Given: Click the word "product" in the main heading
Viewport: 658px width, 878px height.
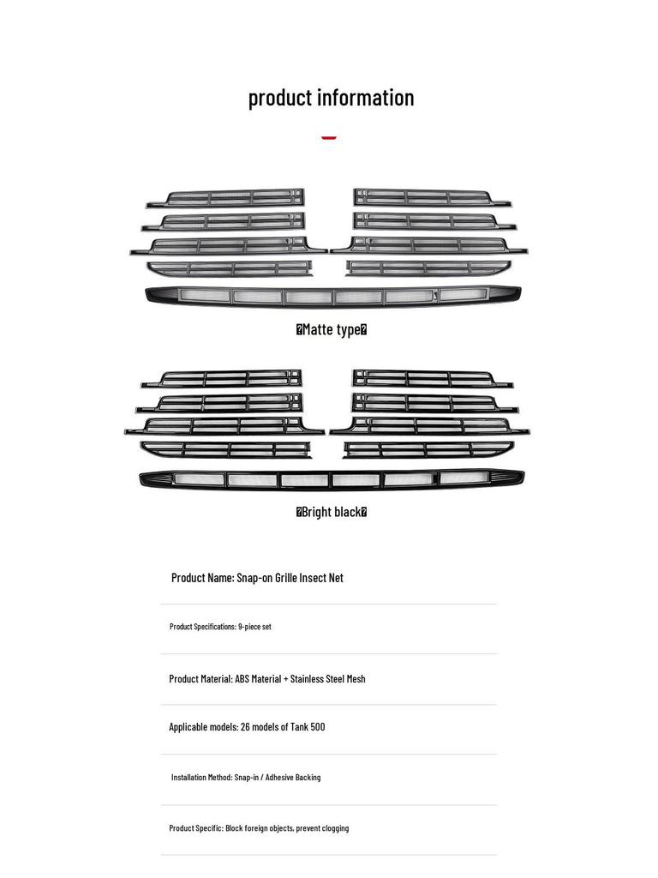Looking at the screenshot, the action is pyautogui.click(x=280, y=98).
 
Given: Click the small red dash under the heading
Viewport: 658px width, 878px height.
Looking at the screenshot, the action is pyautogui.click(x=329, y=138).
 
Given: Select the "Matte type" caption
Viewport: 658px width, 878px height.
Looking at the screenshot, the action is pyautogui.click(x=332, y=329).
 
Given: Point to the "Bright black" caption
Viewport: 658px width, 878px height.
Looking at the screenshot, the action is pyautogui.click(x=332, y=512).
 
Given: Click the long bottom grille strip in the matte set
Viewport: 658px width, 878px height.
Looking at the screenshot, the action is pyautogui.click(x=333, y=296).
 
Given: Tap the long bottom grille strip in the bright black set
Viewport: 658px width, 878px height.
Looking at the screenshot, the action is pyautogui.click(x=332, y=479).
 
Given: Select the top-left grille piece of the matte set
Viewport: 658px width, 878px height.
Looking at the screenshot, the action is pyautogui.click(x=225, y=198).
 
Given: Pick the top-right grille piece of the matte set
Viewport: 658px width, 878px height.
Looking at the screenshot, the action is pyautogui.click(x=432, y=198).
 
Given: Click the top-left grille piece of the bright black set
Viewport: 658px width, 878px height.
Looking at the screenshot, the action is pyautogui.click(x=222, y=379).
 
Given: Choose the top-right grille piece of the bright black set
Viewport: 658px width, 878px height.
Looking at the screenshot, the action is pyautogui.click(x=433, y=378).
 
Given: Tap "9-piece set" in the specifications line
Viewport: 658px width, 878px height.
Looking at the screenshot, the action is pyautogui.click(x=254, y=627).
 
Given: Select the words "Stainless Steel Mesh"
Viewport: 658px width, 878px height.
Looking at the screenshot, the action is pyautogui.click(x=328, y=679).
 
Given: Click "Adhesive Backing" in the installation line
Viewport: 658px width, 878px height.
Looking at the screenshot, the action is pyautogui.click(x=293, y=777).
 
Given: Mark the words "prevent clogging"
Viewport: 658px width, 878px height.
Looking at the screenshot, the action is pyautogui.click(x=322, y=828).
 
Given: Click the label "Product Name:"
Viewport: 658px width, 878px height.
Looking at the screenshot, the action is pyautogui.click(x=202, y=578).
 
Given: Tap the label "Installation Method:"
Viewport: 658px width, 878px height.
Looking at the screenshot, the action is pyautogui.click(x=201, y=777).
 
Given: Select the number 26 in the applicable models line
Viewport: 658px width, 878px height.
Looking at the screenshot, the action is pyautogui.click(x=244, y=727).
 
